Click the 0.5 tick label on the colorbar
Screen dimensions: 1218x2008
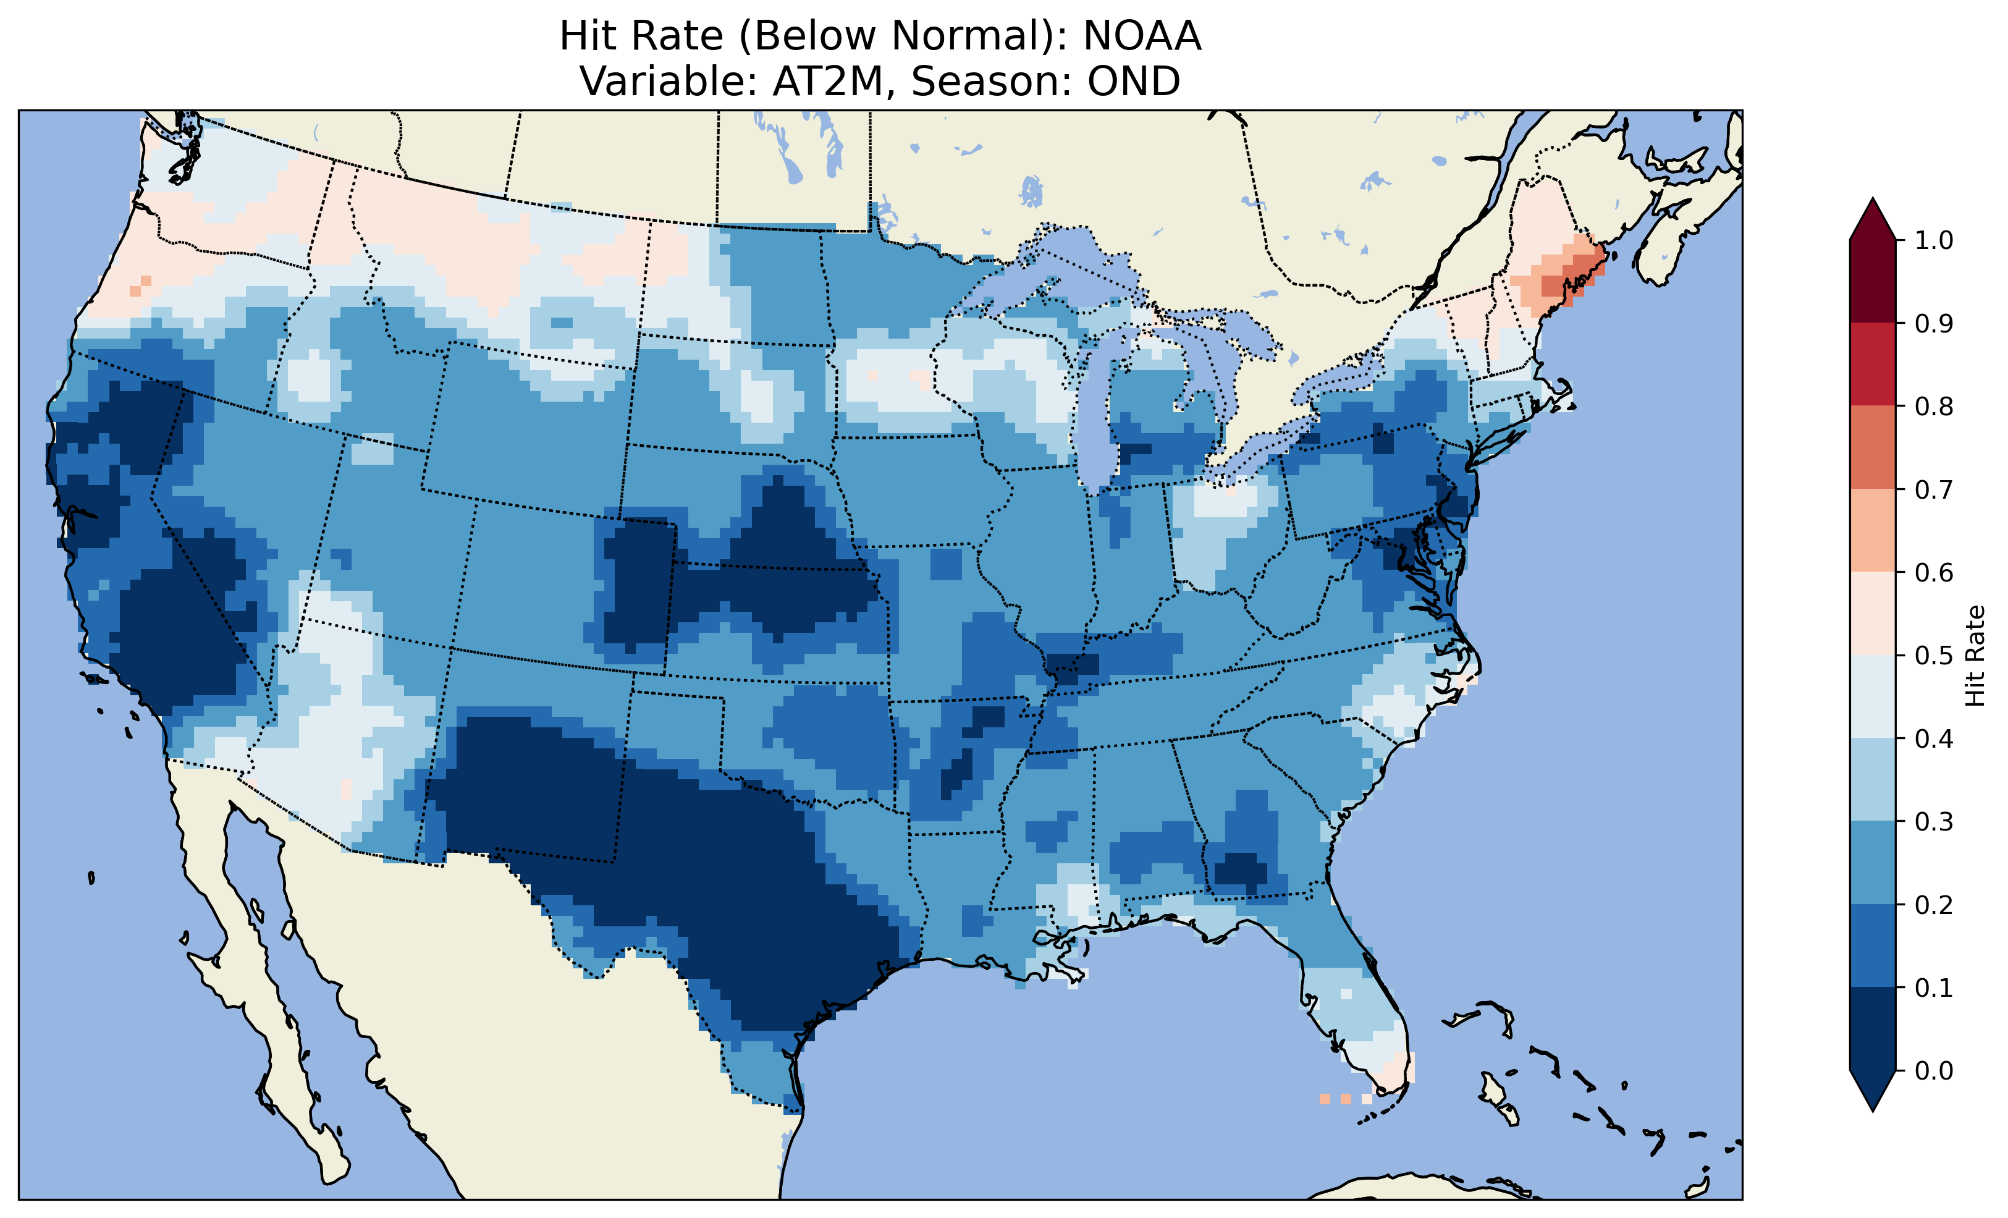click(x=1934, y=656)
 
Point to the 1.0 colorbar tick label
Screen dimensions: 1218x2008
click(x=1934, y=240)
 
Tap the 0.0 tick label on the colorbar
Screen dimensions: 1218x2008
click(x=1934, y=1070)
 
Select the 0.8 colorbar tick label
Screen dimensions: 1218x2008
click(x=1934, y=406)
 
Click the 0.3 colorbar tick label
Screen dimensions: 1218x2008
click(x=1934, y=822)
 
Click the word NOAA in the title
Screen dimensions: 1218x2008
click(x=1142, y=36)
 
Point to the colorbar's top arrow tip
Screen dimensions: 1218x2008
click(x=1873, y=199)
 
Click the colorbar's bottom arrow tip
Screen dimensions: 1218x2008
click(x=1873, y=1110)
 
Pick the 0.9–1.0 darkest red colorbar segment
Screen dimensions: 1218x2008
click(x=1873, y=281)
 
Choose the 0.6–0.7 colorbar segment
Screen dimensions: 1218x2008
click(x=1873, y=530)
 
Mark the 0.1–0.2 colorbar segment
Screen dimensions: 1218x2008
click(x=1873, y=945)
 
